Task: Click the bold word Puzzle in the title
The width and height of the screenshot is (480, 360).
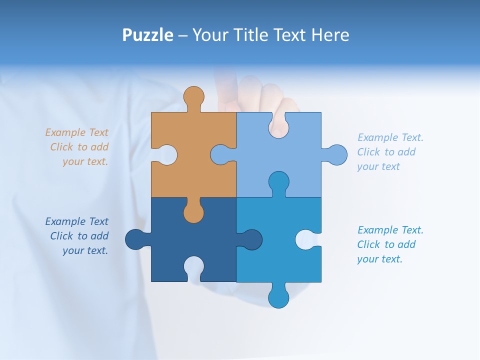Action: click(x=147, y=35)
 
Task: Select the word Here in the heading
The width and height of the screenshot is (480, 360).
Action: click(x=329, y=35)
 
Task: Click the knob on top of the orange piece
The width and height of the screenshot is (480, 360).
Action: click(x=193, y=97)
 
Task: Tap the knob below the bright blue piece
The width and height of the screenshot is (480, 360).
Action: click(x=278, y=296)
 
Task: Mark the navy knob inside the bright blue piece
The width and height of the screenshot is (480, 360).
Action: click(x=251, y=239)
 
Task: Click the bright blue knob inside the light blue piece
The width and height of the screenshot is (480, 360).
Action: click(x=278, y=182)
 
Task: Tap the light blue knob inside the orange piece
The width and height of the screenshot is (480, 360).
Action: click(x=220, y=155)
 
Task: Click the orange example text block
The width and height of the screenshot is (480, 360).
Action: click(x=77, y=147)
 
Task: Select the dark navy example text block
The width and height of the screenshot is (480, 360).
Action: click(x=77, y=236)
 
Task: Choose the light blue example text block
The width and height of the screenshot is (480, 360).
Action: click(x=390, y=152)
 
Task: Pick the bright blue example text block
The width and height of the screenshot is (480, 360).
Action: click(x=390, y=244)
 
